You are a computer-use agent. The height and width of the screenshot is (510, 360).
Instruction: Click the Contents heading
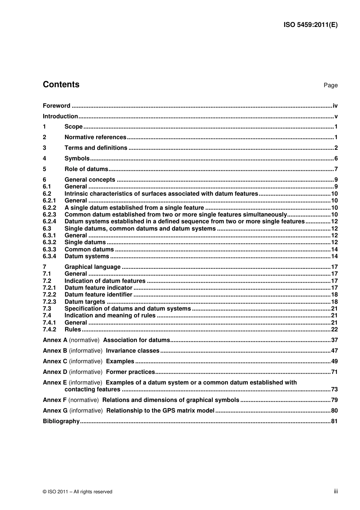pyautogui.click(x=61, y=85)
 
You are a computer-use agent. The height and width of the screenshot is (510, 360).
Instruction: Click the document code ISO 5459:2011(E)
pyautogui.click(x=310, y=25)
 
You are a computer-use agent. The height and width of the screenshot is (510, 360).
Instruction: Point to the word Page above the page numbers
pyautogui.click(x=330, y=85)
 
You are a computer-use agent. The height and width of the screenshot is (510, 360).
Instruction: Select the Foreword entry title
pyautogui.click(x=56, y=106)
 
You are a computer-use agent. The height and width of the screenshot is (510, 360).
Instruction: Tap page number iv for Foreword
pyautogui.click(x=335, y=106)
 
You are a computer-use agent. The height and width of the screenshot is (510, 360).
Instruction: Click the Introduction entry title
pyautogui.click(x=60, y=116)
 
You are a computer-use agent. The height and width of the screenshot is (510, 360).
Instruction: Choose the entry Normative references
pyautogui.click(x=95, y=137)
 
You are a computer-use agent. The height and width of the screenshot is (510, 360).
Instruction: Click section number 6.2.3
pyautogui.click(x=49, y=215)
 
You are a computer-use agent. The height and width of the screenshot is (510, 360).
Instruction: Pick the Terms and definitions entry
pyautogui.click(x=96, y=148)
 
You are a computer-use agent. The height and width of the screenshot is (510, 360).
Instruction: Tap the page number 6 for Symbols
pyautogui.click(x=336, y=158)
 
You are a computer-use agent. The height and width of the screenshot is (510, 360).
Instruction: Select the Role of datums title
pyautogui.click(x=86, y=169)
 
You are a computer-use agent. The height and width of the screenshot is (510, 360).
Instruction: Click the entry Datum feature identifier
pyautogui.click(x=98, y=295)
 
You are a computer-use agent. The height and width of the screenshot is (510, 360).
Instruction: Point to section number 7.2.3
pyautogui.click(x=49, y=302)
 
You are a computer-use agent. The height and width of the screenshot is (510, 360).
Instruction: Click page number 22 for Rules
pyautogui.click(x=334, y=330)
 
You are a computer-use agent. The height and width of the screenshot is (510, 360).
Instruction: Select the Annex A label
pyautogui.click(x=55, y=340)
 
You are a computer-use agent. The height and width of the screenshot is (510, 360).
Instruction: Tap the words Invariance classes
pyautogui.click(x=133, y=351)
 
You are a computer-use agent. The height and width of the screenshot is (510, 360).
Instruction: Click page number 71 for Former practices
pyautogui.click(x=334, y=372)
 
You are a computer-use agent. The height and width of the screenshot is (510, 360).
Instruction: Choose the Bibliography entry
pyautogui.click(x=61, y=421)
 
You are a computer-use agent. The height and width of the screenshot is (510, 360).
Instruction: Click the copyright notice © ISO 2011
pyautogui.click(x=77, y=492)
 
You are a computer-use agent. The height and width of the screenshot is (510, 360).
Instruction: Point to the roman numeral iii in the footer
pyautogui.click(x=336, y=491)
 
